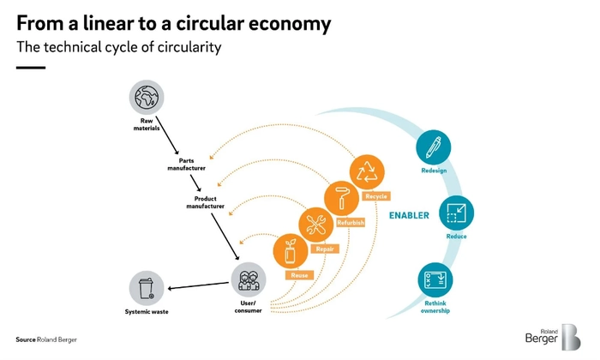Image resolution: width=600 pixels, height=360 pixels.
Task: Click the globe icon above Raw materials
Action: pos(147,97)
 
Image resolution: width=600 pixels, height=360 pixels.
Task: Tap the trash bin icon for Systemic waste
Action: pos(147,288)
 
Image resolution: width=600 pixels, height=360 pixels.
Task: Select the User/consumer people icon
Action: pos(249,279)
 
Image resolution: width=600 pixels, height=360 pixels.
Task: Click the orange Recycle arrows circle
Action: pos(367,172)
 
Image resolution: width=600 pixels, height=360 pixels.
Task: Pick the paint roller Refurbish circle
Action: pos(341,199)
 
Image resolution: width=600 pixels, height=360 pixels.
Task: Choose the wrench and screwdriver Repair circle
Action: pos(316,225)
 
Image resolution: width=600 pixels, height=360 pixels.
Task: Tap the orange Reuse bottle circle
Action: pos(291,251)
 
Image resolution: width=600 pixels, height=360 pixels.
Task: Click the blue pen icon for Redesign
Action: pos(434,147)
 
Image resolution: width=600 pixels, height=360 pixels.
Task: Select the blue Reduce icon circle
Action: pos(456,213)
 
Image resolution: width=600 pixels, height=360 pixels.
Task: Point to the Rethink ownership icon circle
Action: pos(435,279)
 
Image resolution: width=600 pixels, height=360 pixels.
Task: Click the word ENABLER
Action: pos(409,215)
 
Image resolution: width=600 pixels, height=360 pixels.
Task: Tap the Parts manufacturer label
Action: pos(186,164)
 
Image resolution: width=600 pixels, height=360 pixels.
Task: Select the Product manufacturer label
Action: pos(206,202)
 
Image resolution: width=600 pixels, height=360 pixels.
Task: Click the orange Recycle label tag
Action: pos(376,196)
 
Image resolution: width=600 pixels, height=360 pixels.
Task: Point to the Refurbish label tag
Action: pos(351,222)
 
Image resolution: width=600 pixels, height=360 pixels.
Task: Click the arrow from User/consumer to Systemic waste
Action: pos(198,285)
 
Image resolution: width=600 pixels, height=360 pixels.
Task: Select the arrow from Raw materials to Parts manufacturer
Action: pos(167,135)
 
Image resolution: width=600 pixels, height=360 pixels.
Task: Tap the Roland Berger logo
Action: pos(553,337)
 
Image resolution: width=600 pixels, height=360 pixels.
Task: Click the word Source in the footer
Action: pos(26,339)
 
